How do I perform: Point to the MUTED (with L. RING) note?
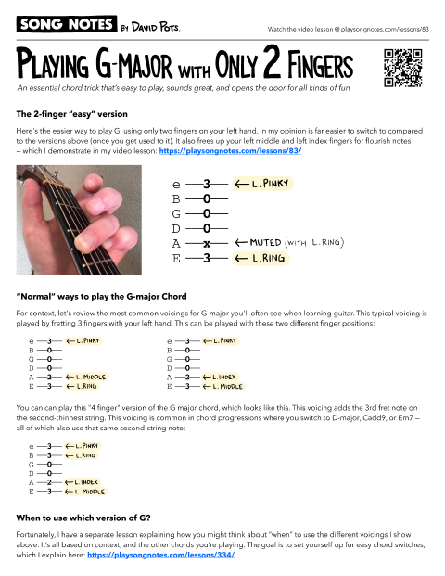tap(291, 242)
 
